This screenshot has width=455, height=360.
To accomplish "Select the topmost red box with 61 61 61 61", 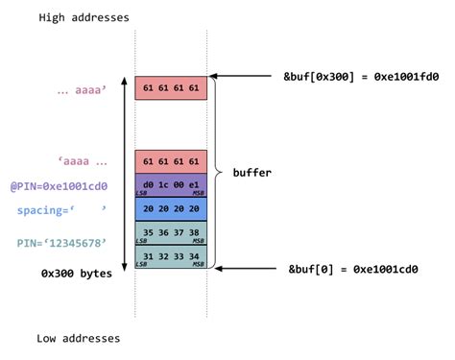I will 171,88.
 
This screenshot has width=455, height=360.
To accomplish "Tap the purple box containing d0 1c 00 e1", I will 171,184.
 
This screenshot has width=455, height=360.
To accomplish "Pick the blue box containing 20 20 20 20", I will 171,208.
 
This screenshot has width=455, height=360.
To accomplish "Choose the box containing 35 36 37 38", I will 171,232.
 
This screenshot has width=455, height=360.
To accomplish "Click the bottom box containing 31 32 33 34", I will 171,256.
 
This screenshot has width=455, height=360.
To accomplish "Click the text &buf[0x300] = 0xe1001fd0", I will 362,76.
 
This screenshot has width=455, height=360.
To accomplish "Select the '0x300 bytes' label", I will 77,273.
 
